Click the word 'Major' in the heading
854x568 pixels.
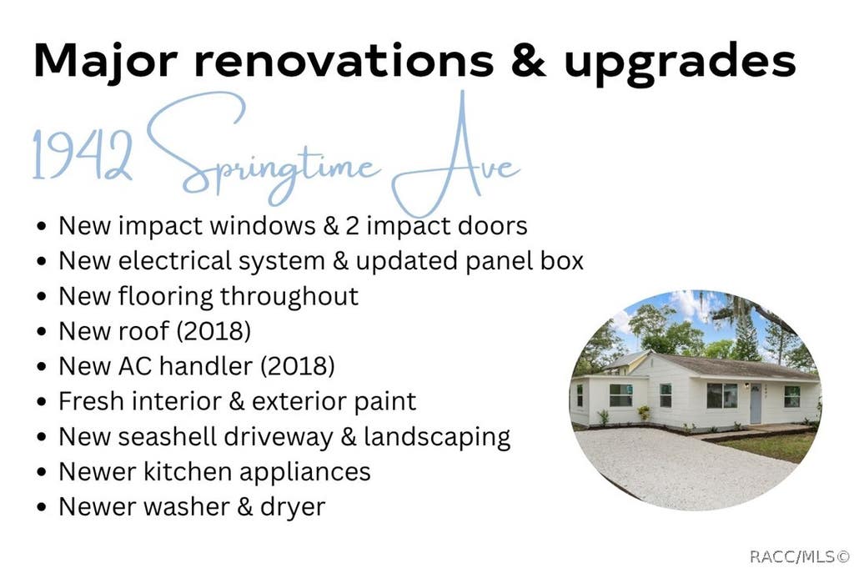click(105, 60)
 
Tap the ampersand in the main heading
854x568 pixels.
click(528, 60)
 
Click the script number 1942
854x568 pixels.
click(83, 155)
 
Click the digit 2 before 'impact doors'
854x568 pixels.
click(353, 226)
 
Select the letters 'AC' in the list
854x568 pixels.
click(134, 366)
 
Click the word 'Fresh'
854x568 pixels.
click(91, 401)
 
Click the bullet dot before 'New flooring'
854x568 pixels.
click(42, 297)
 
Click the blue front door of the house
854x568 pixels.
click(756, 404)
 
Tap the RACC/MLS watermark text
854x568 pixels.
click(799, 556)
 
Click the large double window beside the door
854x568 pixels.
click(722, 395)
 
